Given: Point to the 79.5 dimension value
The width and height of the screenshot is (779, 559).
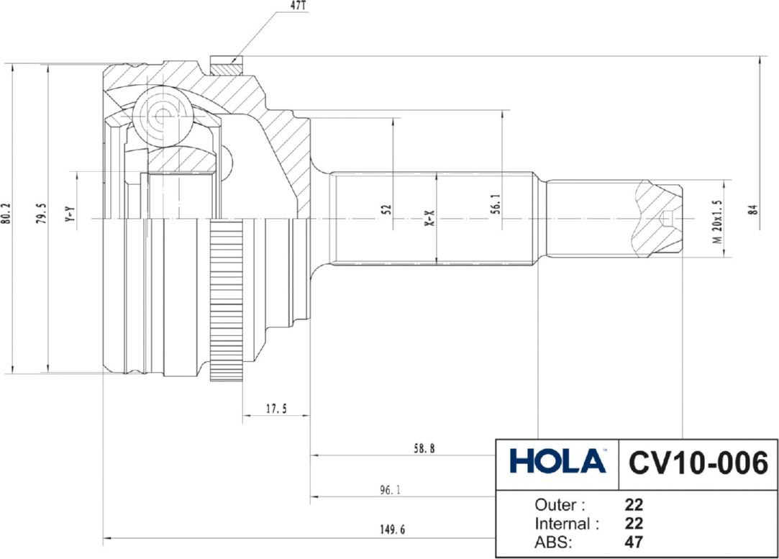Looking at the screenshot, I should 42,214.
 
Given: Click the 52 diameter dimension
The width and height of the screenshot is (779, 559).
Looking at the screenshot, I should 386,210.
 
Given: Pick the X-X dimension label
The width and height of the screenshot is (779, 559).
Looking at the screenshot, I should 429,218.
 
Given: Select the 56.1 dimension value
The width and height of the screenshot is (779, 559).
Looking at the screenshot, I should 495,204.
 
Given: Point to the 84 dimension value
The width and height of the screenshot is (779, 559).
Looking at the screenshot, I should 752,210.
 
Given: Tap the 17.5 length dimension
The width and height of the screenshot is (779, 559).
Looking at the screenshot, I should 276,409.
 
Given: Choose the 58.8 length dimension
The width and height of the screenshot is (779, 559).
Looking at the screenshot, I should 423,448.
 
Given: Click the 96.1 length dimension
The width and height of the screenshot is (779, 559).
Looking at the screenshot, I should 390,490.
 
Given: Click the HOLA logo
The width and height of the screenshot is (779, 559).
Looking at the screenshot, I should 557,461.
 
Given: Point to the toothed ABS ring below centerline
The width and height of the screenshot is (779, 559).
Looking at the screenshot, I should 226,302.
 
